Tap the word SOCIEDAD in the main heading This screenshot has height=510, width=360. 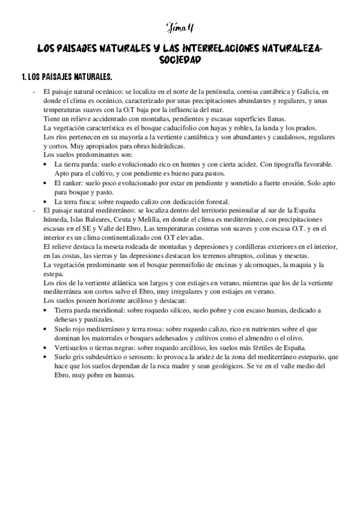point(180,60)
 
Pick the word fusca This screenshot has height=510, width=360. point(91,200)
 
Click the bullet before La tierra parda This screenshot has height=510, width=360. point(47,164)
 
